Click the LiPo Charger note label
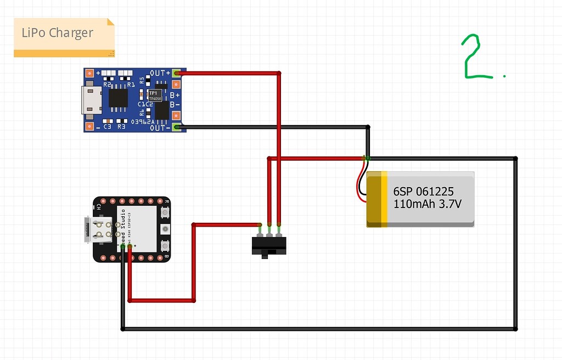pos(58,33)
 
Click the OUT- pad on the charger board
pos(176,127)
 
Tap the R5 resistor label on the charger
pos(142,80)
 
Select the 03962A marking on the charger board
pos(144,122)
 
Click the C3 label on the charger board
pos(108,127)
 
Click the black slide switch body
pos(268,245)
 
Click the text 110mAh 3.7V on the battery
pos(427,204)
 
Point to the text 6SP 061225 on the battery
pos(423,192)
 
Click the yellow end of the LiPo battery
pos(378,199)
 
